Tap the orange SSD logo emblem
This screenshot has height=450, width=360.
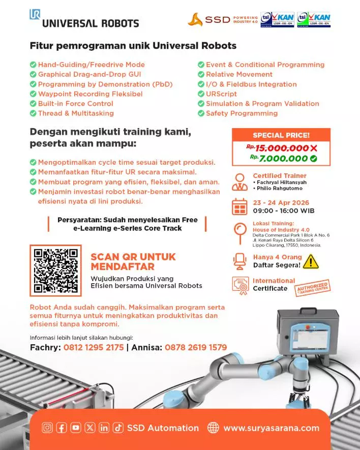pyautogui.click(x=195, y=20)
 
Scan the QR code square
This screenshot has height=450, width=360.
pyautogui.click(x=55, y=270)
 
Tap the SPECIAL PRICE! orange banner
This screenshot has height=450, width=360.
pyautogui.click(x=281, y=135)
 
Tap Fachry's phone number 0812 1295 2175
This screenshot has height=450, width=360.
pyautogui.click(x=94, y=348)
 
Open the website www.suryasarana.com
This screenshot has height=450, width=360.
pyautogui.click(x=271, y=428)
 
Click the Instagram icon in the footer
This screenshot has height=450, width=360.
pyautogui.click(x=47, y=428)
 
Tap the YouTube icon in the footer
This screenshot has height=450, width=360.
pyautogui.click(x=75, y=428)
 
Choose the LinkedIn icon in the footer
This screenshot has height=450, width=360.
pyautogui.click(x=104, y=428)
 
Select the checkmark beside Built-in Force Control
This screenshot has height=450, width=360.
pyautogui.click(x=33, y=104)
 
